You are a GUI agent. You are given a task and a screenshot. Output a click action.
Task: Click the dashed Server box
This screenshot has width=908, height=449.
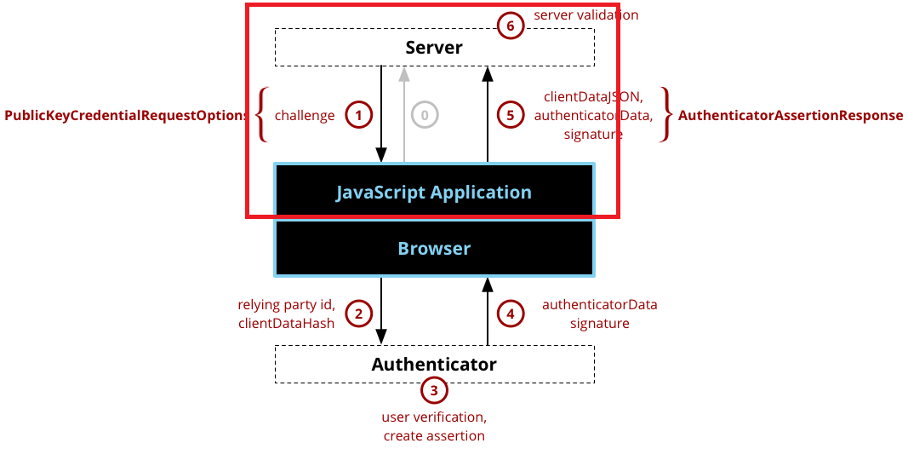434,48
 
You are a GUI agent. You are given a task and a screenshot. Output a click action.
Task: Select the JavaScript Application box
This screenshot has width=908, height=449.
434,192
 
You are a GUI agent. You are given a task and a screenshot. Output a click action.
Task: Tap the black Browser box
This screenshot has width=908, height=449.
434,249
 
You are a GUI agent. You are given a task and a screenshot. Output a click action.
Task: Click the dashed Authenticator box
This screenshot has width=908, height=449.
434,365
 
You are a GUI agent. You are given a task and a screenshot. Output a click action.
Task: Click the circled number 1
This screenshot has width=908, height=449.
359,115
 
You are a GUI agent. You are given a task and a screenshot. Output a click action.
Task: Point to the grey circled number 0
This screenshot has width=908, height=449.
425,115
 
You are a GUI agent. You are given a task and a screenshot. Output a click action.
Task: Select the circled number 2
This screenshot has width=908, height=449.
359,314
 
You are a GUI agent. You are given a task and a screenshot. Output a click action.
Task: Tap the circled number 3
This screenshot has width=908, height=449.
434,391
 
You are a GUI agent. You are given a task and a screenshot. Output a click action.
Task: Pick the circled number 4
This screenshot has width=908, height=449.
511,314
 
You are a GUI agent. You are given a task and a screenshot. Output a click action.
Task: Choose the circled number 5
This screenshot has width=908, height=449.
511,115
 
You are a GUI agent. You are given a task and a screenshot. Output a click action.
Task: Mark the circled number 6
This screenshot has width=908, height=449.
511,26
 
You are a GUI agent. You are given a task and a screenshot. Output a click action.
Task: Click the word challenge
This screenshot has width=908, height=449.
305,115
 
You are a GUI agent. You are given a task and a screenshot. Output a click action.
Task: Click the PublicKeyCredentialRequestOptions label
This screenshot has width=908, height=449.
125,115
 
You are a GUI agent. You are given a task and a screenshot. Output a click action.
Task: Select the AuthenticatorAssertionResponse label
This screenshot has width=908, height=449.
791,115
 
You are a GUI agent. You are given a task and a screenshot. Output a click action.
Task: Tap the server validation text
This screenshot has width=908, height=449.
585,15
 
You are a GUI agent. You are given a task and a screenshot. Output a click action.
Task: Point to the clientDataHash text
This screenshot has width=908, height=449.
287,323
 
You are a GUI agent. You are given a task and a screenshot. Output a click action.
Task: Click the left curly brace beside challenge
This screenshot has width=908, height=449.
261,114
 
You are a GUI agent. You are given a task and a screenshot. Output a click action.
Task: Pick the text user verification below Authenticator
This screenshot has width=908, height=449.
434,417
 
